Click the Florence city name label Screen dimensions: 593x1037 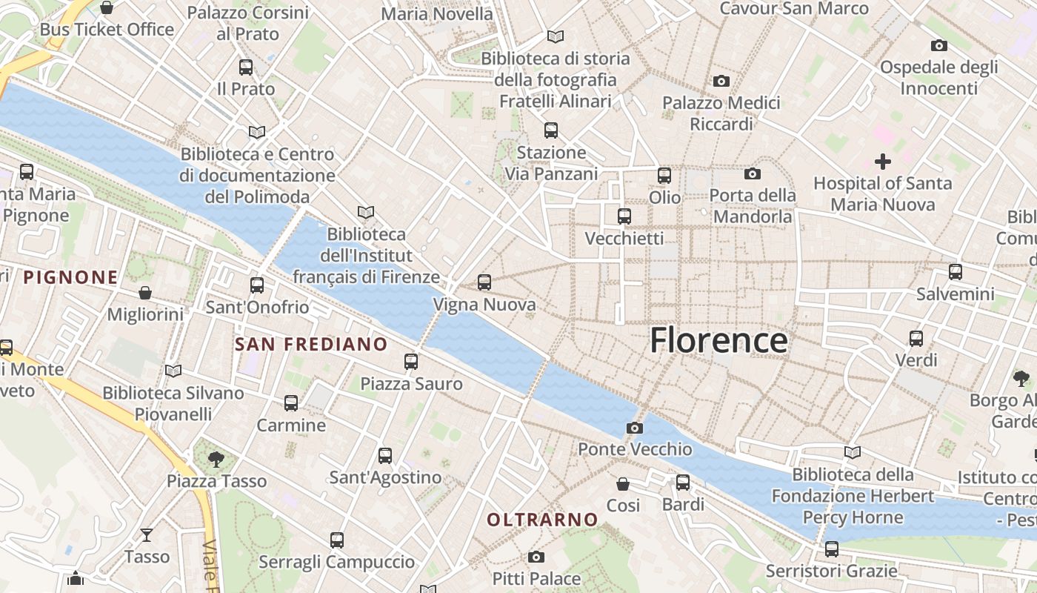718,340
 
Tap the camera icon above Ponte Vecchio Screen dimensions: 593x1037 635,428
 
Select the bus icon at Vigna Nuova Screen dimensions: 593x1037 484,282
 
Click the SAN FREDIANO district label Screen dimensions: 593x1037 311,344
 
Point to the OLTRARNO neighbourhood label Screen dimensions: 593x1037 542,520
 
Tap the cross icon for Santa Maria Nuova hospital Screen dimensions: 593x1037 883,161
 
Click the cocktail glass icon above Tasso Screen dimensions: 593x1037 147,534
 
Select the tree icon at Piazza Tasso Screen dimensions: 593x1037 216,459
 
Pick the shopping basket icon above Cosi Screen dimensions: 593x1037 623,483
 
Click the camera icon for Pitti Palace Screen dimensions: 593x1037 536,557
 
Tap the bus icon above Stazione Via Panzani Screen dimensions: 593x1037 551,130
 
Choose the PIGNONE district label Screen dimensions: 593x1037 70,278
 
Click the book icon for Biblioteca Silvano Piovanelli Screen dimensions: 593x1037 173,371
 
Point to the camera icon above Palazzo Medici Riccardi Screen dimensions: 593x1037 721,81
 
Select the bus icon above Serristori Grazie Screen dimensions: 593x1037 832,549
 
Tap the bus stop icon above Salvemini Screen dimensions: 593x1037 956,272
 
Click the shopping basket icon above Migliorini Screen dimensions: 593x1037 145,293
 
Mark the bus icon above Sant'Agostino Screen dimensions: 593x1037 385,456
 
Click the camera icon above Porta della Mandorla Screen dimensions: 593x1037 753,173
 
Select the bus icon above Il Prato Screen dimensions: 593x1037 246,67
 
